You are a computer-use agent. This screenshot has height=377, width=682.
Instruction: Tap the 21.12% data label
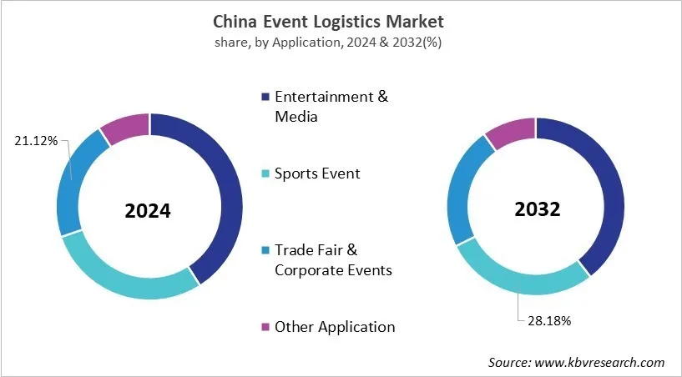click(36, 141)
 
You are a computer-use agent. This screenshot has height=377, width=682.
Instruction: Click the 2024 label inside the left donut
click(148, 211)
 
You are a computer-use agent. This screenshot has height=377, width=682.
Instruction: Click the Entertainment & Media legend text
click(331, 106)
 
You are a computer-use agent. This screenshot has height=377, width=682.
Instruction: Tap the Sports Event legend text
click(317, 173)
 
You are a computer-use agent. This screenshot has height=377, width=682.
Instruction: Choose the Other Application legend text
click(335, 327)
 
